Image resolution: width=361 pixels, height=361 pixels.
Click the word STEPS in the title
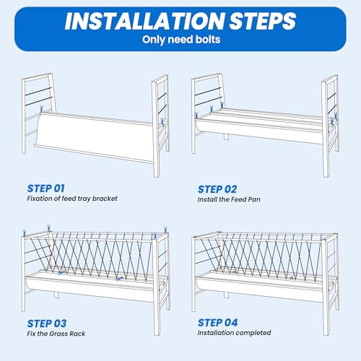click(263, 21)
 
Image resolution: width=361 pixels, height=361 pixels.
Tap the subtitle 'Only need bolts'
click(181, 40)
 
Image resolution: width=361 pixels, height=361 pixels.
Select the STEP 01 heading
click(45, 188)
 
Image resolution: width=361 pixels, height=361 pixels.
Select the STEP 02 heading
click(217, 189)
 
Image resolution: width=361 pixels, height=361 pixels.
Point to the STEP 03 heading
click(47, 323)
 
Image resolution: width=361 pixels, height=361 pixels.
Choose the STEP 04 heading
click(217, 323)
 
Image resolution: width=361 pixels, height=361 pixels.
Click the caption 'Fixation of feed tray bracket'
click(72, 199)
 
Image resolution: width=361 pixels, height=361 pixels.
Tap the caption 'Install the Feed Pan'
click(229, 199)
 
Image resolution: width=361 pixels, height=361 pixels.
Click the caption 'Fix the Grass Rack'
click(56, 334)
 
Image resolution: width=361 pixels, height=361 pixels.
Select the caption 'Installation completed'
click(234, 333)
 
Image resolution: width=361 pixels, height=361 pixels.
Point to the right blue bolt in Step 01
click(162, 121)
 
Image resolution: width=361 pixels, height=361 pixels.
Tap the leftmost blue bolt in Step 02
click(196, 116)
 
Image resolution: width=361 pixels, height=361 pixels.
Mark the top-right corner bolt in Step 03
click(165, 230)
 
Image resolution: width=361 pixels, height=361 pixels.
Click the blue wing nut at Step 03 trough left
click(61, 273)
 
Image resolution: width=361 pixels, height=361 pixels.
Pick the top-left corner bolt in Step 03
click(24, 233)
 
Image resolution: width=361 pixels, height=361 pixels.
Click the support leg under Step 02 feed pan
click(226, 136)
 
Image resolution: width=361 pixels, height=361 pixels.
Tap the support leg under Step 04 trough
click(225, 295)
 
